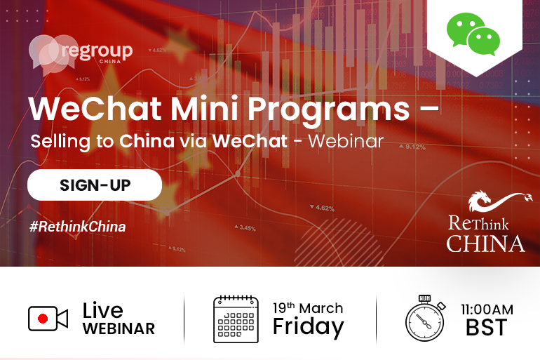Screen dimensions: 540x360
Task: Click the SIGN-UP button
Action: (95, 185)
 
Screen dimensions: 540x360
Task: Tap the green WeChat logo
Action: (473, 34)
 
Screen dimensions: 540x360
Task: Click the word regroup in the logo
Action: (97, 51)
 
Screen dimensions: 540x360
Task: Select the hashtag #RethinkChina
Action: (77, 227)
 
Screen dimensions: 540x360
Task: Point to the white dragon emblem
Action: (499, 201)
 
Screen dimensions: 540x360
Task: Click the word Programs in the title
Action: (329, 109)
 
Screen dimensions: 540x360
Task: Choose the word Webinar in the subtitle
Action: (346, 141)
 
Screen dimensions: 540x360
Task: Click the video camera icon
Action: (48, 319)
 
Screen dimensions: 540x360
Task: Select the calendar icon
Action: (236, 319)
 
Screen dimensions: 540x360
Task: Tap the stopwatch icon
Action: (425, 318)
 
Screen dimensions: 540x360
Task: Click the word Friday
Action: (309, 326)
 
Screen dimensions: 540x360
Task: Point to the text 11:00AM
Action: (487, 309)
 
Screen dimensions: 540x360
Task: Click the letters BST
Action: (487, 327)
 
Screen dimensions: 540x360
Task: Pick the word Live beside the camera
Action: (102, 310)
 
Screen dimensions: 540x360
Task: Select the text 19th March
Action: (308, 308)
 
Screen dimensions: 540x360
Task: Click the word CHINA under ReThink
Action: (485, 244)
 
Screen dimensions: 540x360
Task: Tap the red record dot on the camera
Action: (43, 319)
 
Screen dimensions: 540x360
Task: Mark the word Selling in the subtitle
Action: (60, 142)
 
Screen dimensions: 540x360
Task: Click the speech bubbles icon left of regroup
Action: (53, 55)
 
